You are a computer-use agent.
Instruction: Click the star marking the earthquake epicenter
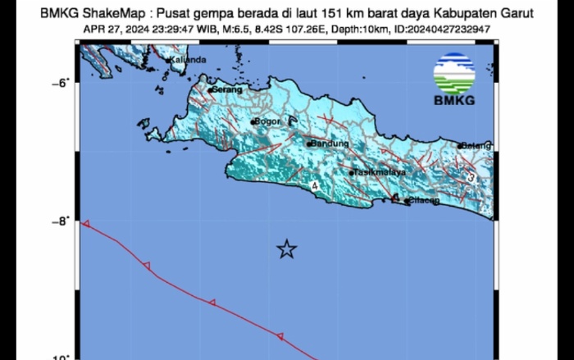pyautogui.click(x=286, y=249)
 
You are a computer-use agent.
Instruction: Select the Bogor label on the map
pyautogui.click(x=269, y=121)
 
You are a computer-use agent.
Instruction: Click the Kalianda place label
pyautogui.click(x=188, y=59)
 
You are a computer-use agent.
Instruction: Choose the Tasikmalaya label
pyautogui.click(x=379, y=173)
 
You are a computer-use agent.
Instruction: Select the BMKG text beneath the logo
pyautogui.click(x=453, y=102)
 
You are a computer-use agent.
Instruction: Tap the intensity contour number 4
pyautogui.click(x=315, y=187)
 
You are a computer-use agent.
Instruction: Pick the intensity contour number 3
pyautogui.click(x=471, y=177)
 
